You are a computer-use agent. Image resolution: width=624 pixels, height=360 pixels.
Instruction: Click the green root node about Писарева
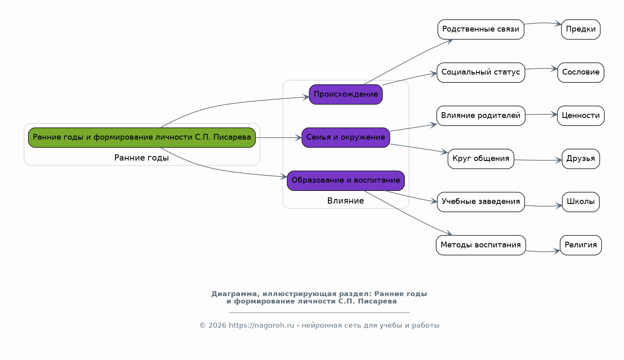click(142, 138)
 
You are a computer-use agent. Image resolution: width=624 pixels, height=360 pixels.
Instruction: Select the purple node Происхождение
click(346, 95)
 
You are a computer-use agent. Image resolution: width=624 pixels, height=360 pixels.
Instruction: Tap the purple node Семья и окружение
click(346, 138)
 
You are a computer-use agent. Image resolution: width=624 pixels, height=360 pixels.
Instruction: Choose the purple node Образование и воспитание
click(346, 181)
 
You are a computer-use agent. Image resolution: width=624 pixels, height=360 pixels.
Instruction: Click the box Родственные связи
click(481, 29)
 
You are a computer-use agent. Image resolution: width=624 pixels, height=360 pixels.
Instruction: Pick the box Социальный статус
click(481, 72)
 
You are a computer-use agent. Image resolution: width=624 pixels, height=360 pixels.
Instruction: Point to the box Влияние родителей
click(481, 116)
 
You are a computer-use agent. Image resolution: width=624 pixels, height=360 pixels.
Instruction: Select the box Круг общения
click(481, 159)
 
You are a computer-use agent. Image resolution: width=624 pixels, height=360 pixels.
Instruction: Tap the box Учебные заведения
click(481, 202)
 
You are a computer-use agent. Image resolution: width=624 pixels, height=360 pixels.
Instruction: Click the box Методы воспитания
click(481, 245)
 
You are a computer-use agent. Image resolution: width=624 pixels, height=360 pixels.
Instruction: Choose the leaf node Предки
click(581, 29)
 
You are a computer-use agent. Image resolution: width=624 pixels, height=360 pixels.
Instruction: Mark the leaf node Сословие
click(581, 72)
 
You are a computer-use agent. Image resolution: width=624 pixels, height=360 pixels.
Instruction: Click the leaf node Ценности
click(581, 116)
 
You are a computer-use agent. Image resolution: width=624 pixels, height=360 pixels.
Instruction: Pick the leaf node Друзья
click(581, 159)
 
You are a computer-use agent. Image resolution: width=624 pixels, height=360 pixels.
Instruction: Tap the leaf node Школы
click(581, 202)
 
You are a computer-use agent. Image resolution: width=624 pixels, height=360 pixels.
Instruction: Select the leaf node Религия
click(581, 245)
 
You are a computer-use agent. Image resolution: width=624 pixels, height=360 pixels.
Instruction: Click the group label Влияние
click(346, 201)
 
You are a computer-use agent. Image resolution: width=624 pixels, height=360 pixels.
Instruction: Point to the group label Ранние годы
click(142, 158)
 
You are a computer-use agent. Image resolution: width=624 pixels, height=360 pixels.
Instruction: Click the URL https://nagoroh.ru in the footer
click(261, 326)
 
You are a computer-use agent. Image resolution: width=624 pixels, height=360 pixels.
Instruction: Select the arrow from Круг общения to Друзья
click(538, 160)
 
